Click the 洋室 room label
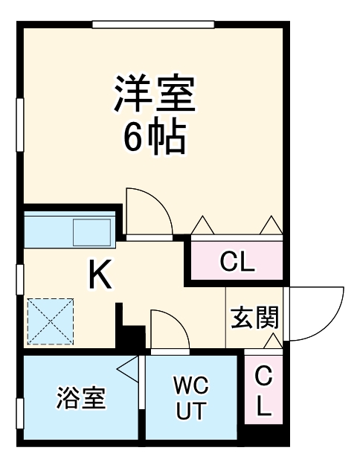(154, 94)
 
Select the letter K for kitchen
(100, 276)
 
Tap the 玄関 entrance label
(254, 318)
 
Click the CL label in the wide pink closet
(237, 261)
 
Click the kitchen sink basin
(90, 231)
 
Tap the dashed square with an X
(51, 321)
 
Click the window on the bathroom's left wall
(20, 414)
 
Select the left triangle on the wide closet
(202, 225)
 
